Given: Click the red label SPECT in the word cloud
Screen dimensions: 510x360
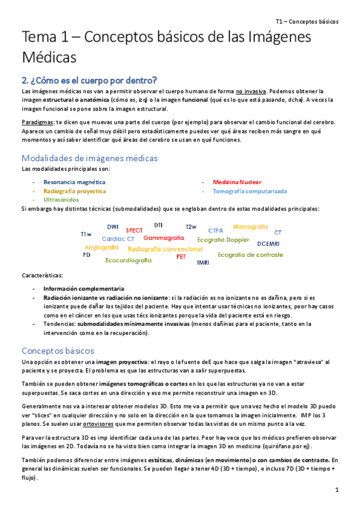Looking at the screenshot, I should point(134,230).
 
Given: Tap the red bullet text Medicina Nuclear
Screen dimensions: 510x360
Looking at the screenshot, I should point(237,182).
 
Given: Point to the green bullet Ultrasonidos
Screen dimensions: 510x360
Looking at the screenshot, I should point(61,199).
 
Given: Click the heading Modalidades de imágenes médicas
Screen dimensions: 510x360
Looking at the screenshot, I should point(90,158).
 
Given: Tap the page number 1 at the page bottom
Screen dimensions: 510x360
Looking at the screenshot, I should point(337,490).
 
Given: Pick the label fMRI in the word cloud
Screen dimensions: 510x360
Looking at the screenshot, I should point(203,263).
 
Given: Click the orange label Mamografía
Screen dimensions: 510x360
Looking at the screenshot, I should point(250,227).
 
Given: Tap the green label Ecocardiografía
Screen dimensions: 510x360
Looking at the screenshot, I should point(128,260).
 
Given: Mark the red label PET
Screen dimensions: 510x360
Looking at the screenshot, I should point(181,256).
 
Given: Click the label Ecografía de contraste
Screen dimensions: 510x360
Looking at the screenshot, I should point(250,254).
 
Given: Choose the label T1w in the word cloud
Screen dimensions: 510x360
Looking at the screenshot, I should point(86,234).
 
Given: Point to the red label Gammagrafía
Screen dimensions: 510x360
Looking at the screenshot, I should point(163,238).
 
